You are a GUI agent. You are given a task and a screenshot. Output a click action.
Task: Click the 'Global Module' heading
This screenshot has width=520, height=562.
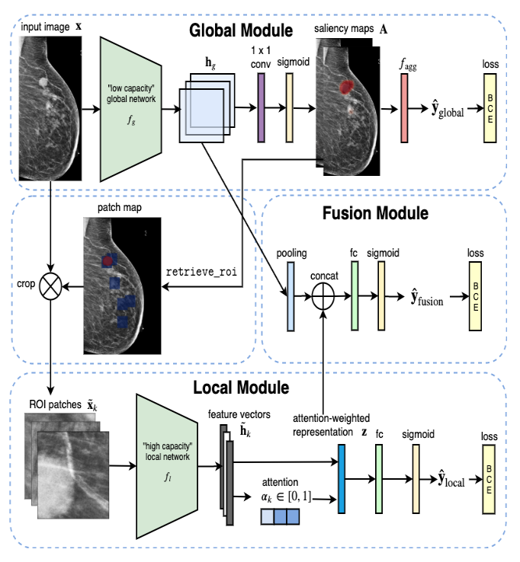[241, 30]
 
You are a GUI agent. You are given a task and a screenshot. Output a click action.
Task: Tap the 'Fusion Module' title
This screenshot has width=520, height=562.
[375, 213]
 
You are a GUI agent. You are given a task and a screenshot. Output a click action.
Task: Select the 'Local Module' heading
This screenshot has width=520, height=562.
[241, 388]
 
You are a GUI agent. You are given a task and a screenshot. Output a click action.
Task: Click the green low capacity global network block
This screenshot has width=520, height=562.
[130, 109]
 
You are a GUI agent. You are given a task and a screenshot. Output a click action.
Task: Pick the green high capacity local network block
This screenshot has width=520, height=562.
[167, 466]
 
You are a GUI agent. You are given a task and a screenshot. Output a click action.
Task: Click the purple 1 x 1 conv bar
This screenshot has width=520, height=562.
[262, 108]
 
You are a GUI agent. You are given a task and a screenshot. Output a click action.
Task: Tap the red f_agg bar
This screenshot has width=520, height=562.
[404, 108]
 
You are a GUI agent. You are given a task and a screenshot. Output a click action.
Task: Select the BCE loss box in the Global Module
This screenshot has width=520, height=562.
[490, 108]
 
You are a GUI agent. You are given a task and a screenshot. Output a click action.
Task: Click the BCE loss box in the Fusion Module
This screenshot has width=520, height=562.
[475, 296]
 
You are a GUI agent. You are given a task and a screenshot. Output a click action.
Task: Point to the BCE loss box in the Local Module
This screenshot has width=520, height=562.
[489, 479]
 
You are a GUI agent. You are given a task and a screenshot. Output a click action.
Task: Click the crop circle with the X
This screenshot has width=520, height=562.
[50, 286]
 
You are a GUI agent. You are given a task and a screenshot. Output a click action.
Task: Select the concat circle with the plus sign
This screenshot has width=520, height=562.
[323, 296]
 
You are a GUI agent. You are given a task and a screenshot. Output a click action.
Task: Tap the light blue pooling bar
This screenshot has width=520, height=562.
[290, 296]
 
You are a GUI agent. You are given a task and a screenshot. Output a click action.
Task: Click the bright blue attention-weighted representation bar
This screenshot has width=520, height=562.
[342, 479]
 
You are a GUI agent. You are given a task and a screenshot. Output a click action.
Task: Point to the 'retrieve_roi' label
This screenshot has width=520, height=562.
[201, 272]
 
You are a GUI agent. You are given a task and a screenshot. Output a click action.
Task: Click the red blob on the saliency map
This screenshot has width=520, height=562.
[346, 87]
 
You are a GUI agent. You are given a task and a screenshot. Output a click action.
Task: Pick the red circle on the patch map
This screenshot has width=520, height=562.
[108, 261]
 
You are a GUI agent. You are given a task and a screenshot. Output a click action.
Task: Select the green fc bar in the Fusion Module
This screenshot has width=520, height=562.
[355, 295]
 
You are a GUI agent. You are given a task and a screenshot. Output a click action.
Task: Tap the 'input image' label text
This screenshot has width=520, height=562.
[45, 27]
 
